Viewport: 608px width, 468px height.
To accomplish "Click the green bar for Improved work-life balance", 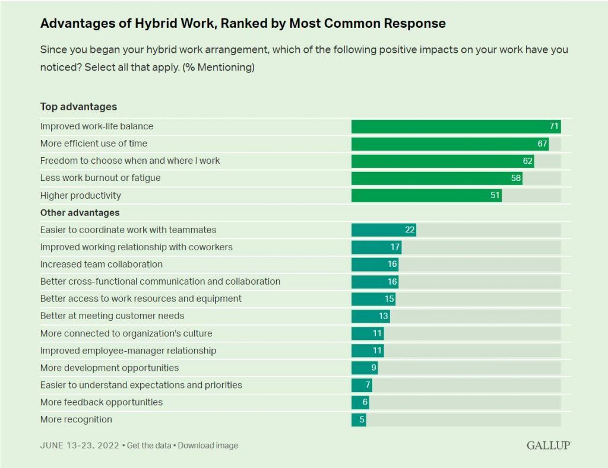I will pos(455,126).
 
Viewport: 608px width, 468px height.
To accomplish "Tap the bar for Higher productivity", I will pos(426,195).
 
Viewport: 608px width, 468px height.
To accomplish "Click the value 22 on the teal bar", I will pos(409,230).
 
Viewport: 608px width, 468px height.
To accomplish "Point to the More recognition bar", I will pos(358,420).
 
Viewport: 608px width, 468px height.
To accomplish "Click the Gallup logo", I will pos(548,445).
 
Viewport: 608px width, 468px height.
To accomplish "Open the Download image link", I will pos(208,445).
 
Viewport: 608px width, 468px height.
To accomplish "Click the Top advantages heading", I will pos(78,107).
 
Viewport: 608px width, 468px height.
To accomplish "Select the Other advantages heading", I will pos(80,212).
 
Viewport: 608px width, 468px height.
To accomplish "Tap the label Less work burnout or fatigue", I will pos(100,178).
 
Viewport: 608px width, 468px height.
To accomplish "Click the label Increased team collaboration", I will pos(101,265).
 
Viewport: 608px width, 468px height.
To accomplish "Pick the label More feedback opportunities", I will pos(101,403).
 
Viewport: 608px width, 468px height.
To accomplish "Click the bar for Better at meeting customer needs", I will pos(370,316).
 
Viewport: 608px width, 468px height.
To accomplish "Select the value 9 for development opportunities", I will pos(373,368).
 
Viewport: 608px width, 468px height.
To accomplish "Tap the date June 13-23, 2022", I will pos(80,445).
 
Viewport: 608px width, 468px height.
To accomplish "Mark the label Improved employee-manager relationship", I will pos(128,351).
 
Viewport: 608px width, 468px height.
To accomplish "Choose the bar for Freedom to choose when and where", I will pos(442,161).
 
